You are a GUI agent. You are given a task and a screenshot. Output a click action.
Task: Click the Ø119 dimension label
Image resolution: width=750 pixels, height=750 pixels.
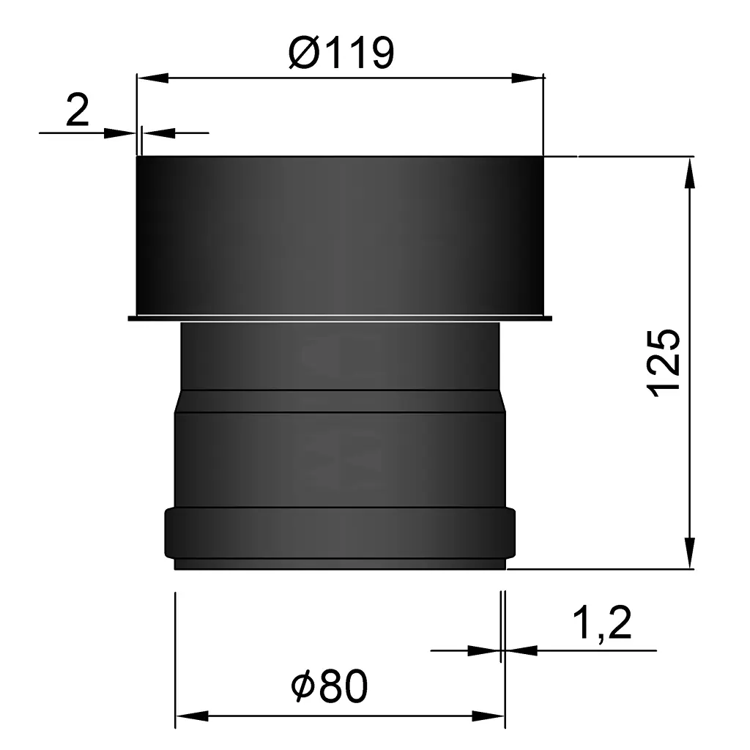(x=341, y=53)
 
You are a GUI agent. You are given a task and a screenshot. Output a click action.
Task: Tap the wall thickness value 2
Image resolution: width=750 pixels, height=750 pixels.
(x=77, y=112)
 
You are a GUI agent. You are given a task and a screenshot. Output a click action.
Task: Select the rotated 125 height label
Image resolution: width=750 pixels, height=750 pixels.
(x=665, y=363)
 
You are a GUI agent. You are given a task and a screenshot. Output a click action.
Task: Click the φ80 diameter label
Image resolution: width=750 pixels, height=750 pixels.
(x=329, y=688)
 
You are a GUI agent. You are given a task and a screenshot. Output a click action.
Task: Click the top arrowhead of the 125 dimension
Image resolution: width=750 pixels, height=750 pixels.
(x=689, y=172)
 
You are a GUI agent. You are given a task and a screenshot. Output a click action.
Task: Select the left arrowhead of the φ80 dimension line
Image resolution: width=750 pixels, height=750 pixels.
(x=191, y=716)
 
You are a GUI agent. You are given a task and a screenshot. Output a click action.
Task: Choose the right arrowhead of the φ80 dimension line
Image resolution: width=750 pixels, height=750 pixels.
(x=489, y=716)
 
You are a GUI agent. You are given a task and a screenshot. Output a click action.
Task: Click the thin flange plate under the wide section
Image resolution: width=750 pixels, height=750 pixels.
(x=340, y=318)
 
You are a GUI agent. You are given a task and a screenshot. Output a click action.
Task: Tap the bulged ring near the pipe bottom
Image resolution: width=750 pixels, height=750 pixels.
(x=340, y=532)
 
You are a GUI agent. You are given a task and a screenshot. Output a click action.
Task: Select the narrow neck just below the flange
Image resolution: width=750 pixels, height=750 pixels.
(x=340, y=355)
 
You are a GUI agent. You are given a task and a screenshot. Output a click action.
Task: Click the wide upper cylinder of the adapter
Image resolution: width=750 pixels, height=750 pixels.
(x=340, y=234)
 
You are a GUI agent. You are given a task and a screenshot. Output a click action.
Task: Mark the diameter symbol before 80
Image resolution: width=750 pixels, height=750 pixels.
(x=302, y=688)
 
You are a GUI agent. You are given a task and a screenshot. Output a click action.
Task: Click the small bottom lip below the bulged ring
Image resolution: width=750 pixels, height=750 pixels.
(x=340, y=565)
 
